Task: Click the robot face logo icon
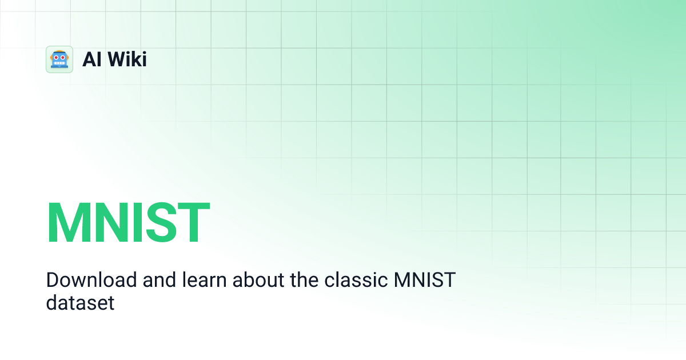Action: coord(59,59)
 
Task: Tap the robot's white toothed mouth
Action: coord(59,64)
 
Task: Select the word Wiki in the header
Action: coord(127,59)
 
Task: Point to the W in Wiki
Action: coord(117,59)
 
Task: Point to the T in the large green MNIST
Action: coord(193,223)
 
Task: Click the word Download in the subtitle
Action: coord(91,281)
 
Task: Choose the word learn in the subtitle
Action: coord(201,281)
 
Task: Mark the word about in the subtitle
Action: coord(249,281)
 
